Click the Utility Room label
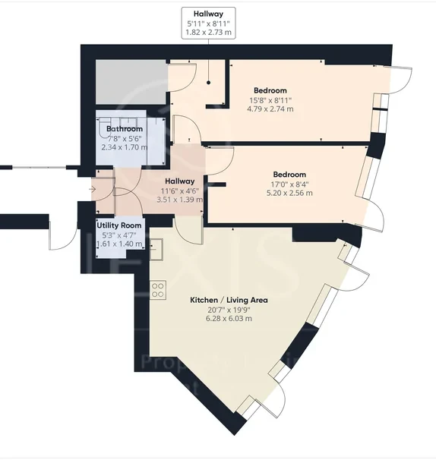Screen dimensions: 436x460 tap(119, 225)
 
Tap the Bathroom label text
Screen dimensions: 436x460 tap(125, 129)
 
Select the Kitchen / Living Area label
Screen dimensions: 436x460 tap(229, 300)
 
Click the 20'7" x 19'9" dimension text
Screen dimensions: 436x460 tap(229, 310)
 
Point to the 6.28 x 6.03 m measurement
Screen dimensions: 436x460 tap(229, 319)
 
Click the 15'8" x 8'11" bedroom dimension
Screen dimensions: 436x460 tap(270, 100)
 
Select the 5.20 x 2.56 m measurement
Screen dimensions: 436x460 tap(289, 193)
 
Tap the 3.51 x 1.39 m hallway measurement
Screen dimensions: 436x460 tap(180, 200)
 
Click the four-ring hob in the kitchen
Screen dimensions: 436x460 tap(158, 290)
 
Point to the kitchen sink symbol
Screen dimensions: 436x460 tap(156, 249)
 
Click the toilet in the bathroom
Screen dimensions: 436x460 tap(104, 128)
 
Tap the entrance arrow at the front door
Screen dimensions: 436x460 tap(93, 190)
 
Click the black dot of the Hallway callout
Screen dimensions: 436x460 tap(208, 83)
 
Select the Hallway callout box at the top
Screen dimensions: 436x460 tap(208, 24)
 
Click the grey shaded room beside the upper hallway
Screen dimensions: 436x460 tap(131, 81)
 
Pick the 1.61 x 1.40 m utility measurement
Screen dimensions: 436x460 tap(119, 244)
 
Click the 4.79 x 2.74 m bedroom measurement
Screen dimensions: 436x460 tap(270, 109)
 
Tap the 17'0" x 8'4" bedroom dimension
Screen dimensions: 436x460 tap(289, 184)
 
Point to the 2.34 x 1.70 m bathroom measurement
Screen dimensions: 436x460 tap(125, 147)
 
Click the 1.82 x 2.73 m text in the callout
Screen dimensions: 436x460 tap(208, 33)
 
